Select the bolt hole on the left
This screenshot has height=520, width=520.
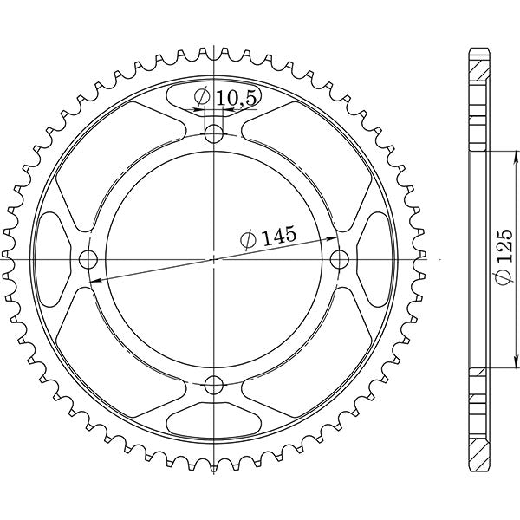coord(88,258)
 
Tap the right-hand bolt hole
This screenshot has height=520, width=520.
coord(340,258)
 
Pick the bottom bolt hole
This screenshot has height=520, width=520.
coord(214,384)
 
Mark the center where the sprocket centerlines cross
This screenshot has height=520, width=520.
coord(214,258)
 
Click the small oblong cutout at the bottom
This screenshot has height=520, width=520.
coord(214,422)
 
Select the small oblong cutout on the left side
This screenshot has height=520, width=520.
coord(51,258)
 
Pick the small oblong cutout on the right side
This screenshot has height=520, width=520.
coord(377,258)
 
